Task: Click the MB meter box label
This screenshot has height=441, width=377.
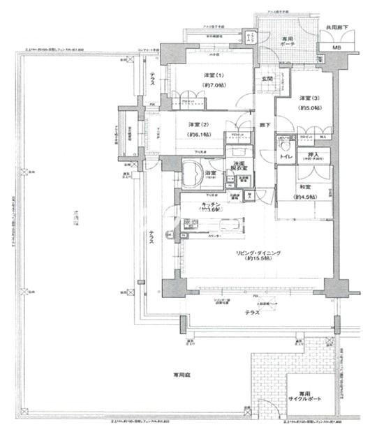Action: [337, 47]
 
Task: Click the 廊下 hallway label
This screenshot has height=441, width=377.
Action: [265, 126]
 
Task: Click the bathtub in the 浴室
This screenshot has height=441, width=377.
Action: [192, 172]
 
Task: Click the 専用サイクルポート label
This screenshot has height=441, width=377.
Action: [301, 396]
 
